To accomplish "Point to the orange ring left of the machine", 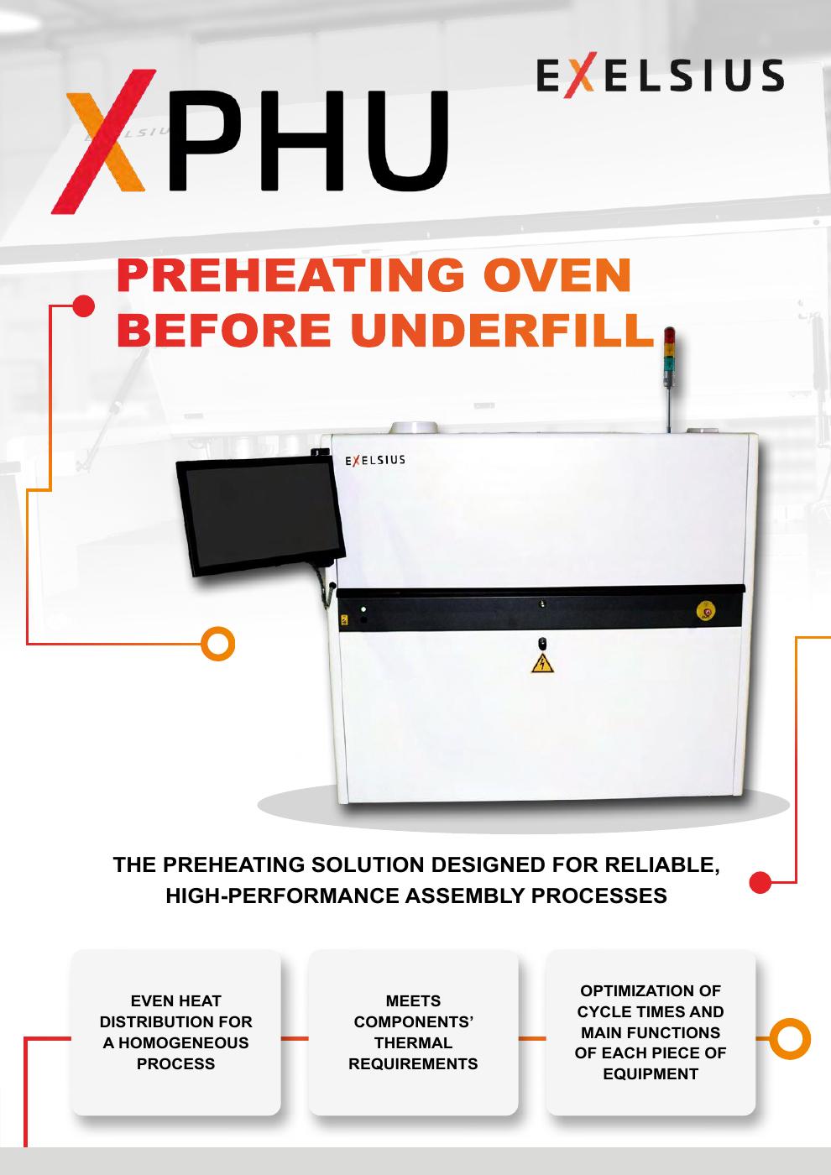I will pos(218,644).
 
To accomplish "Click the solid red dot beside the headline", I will pos(83,306).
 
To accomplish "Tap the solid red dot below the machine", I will pos(760,882).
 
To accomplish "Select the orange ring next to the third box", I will pos(789,1038).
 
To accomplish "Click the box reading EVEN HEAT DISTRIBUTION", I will pos(175,1032).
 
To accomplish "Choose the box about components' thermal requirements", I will pos(413,1032).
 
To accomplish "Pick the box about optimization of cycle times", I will pos(651,1032).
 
